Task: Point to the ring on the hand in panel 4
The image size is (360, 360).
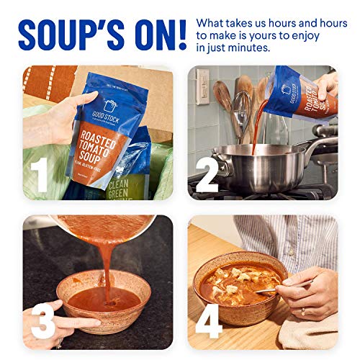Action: tap(302, 311)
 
